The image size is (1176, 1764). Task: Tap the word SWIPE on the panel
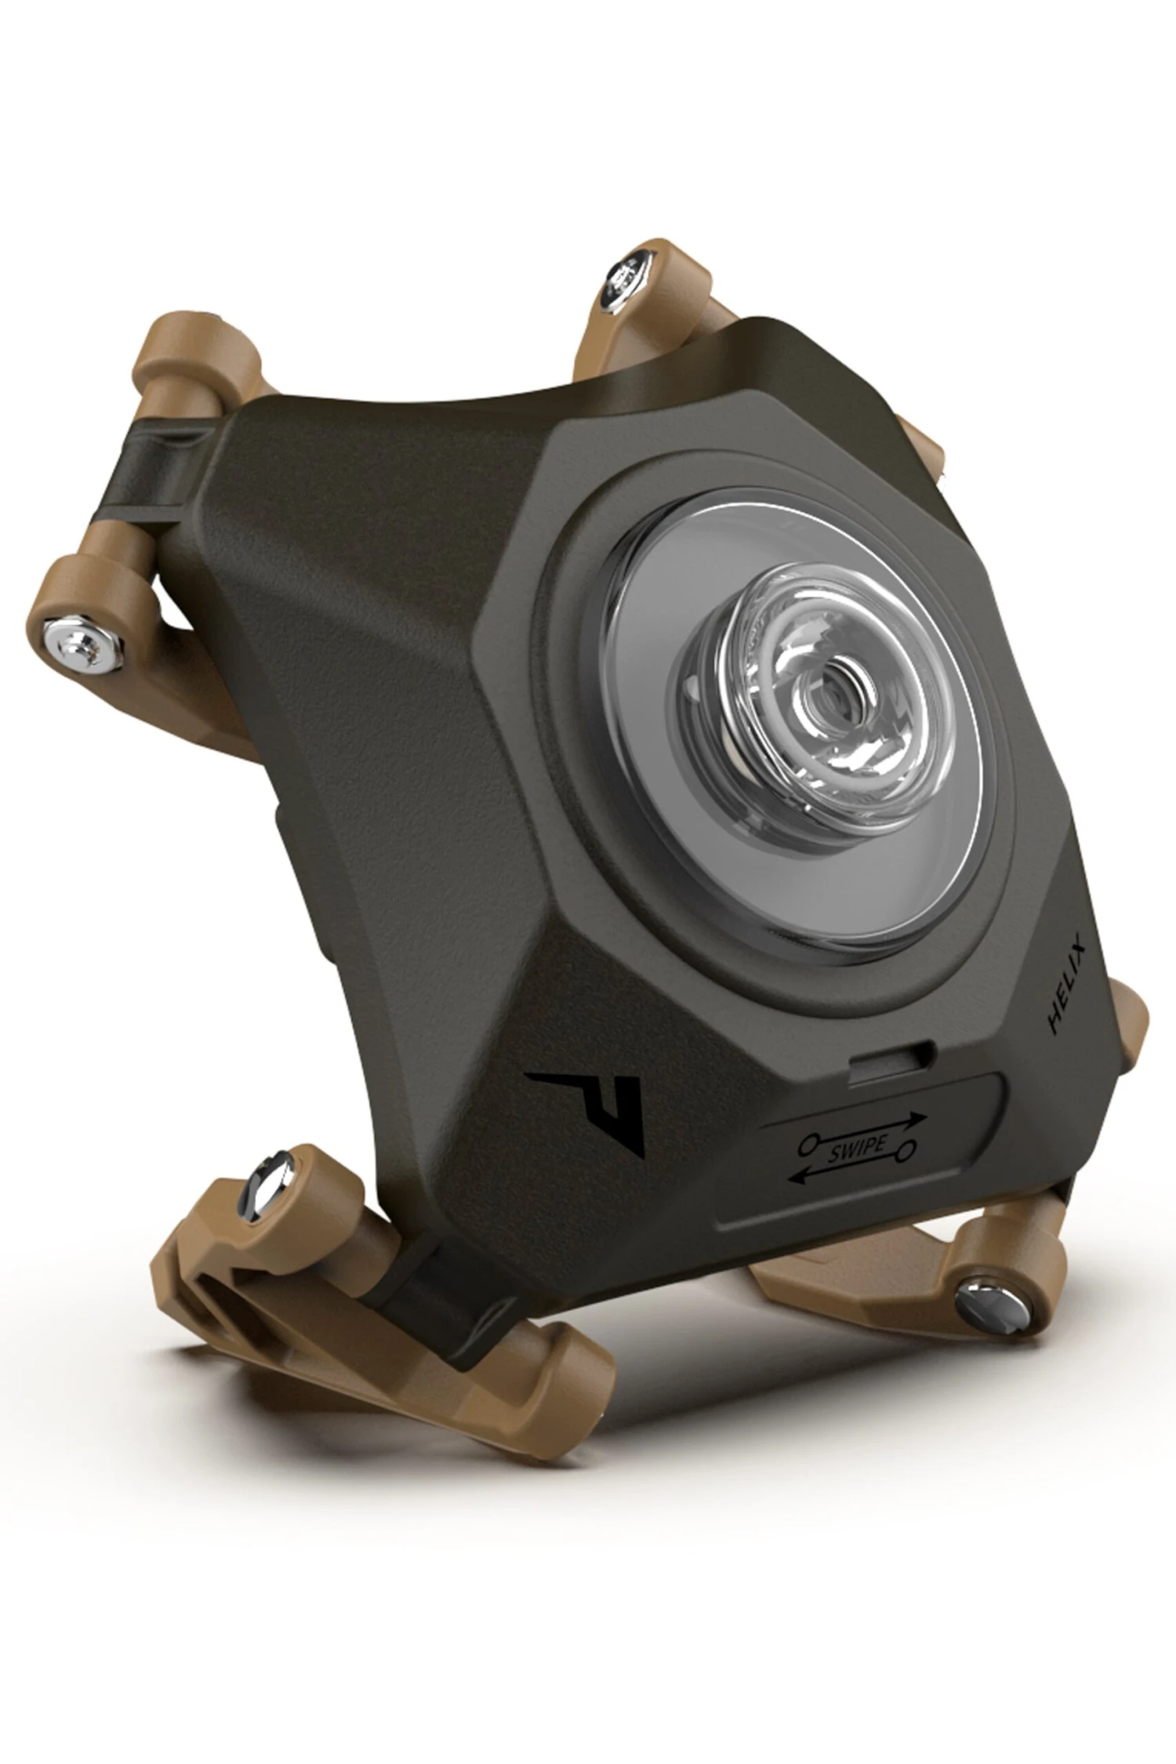(856, 1146)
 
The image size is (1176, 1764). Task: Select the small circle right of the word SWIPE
(907, 1150)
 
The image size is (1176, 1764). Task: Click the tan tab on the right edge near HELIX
(1129, 1019)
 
